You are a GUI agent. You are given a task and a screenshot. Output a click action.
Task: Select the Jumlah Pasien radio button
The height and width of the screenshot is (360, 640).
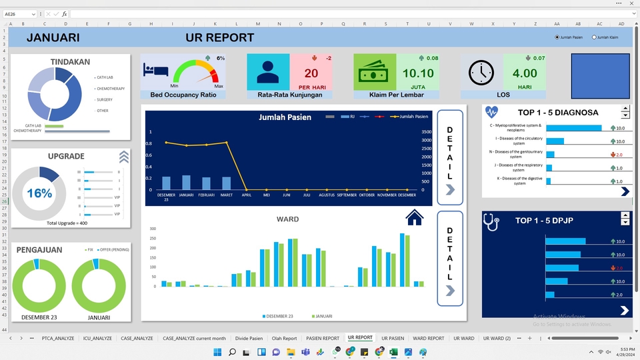pyautogui.click(x=557, y=37)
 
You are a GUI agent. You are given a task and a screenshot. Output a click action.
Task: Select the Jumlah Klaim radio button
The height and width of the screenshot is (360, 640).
pyautogui.click(x=595, y=37)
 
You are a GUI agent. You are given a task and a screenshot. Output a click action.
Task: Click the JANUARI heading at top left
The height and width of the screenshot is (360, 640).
pyautogui.click(x=53, y=38)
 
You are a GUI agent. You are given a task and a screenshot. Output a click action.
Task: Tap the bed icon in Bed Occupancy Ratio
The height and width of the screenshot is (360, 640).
pyautogui.click(x=156, y=70)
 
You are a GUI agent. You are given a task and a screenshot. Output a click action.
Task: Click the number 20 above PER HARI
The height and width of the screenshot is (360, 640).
pyautogui.click(x=311, y=74)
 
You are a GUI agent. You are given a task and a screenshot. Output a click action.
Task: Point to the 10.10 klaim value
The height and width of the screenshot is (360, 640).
pyautogui.click(x=418, y=73)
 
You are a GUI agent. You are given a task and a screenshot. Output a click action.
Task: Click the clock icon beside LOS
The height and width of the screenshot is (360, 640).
pyautogui.click(x=481, y=73)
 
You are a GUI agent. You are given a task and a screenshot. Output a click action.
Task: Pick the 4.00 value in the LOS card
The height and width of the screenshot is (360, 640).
pyautogui.click(x=525, y=73)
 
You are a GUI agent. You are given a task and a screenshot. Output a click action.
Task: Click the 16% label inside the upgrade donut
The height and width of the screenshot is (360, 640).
pyautogui.click(x=39, y=193)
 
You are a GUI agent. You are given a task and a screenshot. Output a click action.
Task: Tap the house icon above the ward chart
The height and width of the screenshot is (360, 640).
pyautogui.click(x=414, y=217)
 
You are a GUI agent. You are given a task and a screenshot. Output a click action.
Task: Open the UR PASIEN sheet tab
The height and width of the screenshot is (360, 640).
pyautogui.click(x=393, y=338)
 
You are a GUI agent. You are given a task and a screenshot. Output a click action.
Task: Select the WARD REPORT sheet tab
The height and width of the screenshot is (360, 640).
pyautogui.click(x=428, y=338)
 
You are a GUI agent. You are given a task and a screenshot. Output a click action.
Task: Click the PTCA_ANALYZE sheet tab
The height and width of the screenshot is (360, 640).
pyautogui.click(x=58, y=338)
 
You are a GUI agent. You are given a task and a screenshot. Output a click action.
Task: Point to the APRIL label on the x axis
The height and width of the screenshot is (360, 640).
pyautogui.click(x=247, y=196)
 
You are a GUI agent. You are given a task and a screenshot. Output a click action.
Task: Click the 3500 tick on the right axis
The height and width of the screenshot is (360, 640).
pyautogui.click(x=427, y=132)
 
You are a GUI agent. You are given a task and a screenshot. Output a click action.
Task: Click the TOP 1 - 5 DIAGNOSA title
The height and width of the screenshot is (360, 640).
pyautogui.click(x=557, y=113)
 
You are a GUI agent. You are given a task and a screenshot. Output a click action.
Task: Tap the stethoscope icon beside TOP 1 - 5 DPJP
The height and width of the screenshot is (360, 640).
pyautogui.click(x=491, y=222)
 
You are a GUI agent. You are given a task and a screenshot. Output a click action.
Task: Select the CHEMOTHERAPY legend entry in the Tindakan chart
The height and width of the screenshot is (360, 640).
pyautogui.click(x=110, y=89)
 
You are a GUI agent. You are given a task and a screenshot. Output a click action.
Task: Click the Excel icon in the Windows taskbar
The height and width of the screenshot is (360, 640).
pyautogui.click(x=393, y=352)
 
